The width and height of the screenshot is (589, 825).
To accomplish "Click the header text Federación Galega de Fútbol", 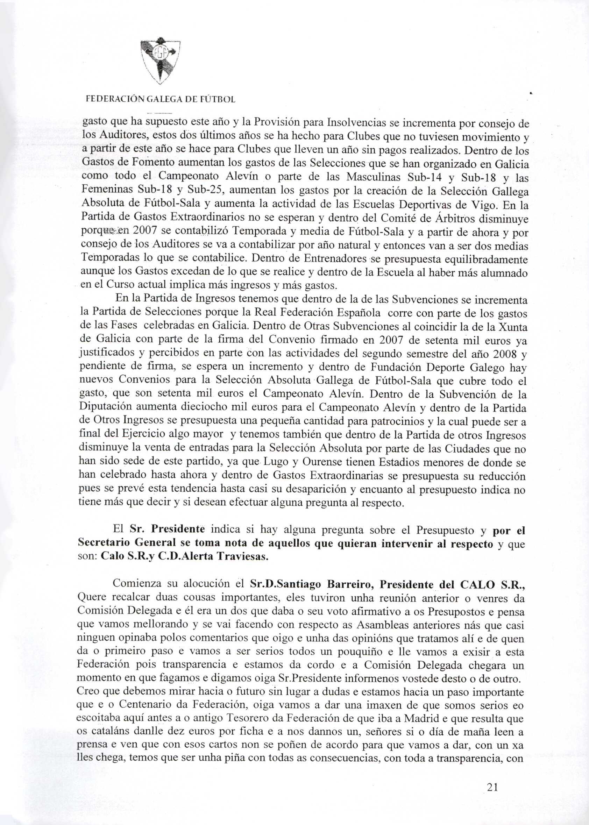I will [160, 99].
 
